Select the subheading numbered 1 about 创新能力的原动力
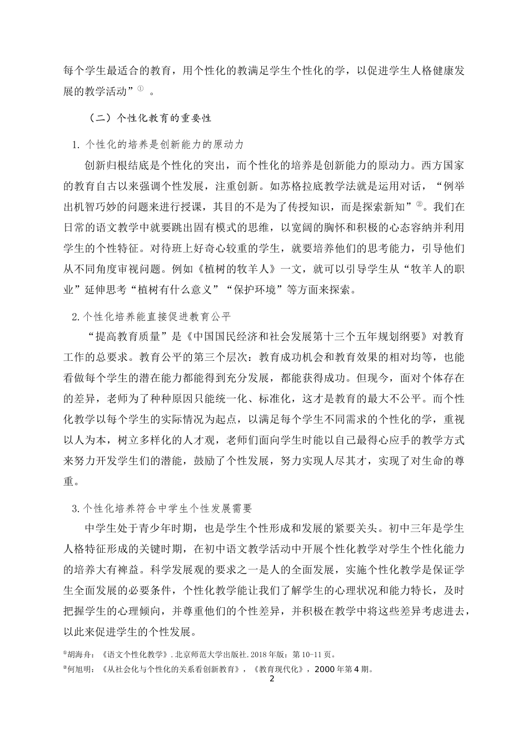(x=158, y=144)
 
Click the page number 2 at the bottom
(x=272, y=678)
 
